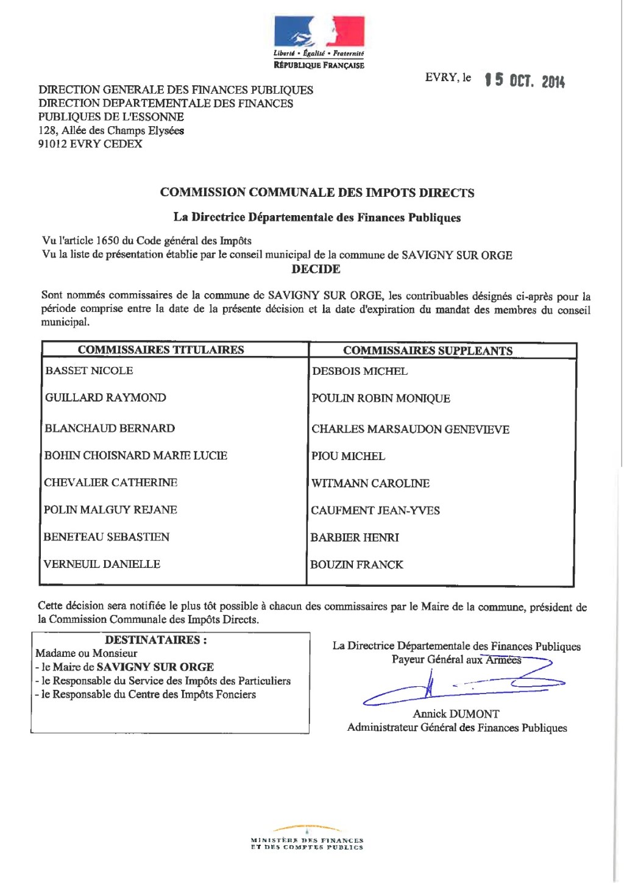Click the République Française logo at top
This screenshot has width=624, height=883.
(x=319, y=43)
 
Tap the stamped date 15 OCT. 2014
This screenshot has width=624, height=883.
(x=525, y=80)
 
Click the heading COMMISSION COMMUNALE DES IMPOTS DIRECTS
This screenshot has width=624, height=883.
(x=317, y=193)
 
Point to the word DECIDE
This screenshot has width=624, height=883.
(x=316, y=269)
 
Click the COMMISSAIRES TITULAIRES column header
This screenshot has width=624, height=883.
(x=161, y=350)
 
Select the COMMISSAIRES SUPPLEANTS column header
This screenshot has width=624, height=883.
(x=427, y=350)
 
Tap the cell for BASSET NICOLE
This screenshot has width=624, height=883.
(x=89, y=371)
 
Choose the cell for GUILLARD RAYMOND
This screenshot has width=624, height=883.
(x=105, y=398)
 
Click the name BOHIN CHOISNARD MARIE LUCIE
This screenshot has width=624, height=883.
(x=135, y=456)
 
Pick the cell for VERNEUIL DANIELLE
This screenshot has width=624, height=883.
(x=102, y=564)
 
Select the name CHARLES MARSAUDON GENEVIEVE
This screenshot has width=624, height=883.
(x=410, y=429)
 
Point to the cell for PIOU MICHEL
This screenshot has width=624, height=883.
(x=348, y=456)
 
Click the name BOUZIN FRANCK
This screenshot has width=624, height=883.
(x=356, y=565)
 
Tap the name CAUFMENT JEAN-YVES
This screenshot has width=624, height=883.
(x=375, y=511)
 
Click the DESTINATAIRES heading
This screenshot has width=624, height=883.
(x=155, y=640)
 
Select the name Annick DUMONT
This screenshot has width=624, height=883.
(x=456, y=714)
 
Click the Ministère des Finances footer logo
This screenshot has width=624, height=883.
(x=307, y=839)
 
